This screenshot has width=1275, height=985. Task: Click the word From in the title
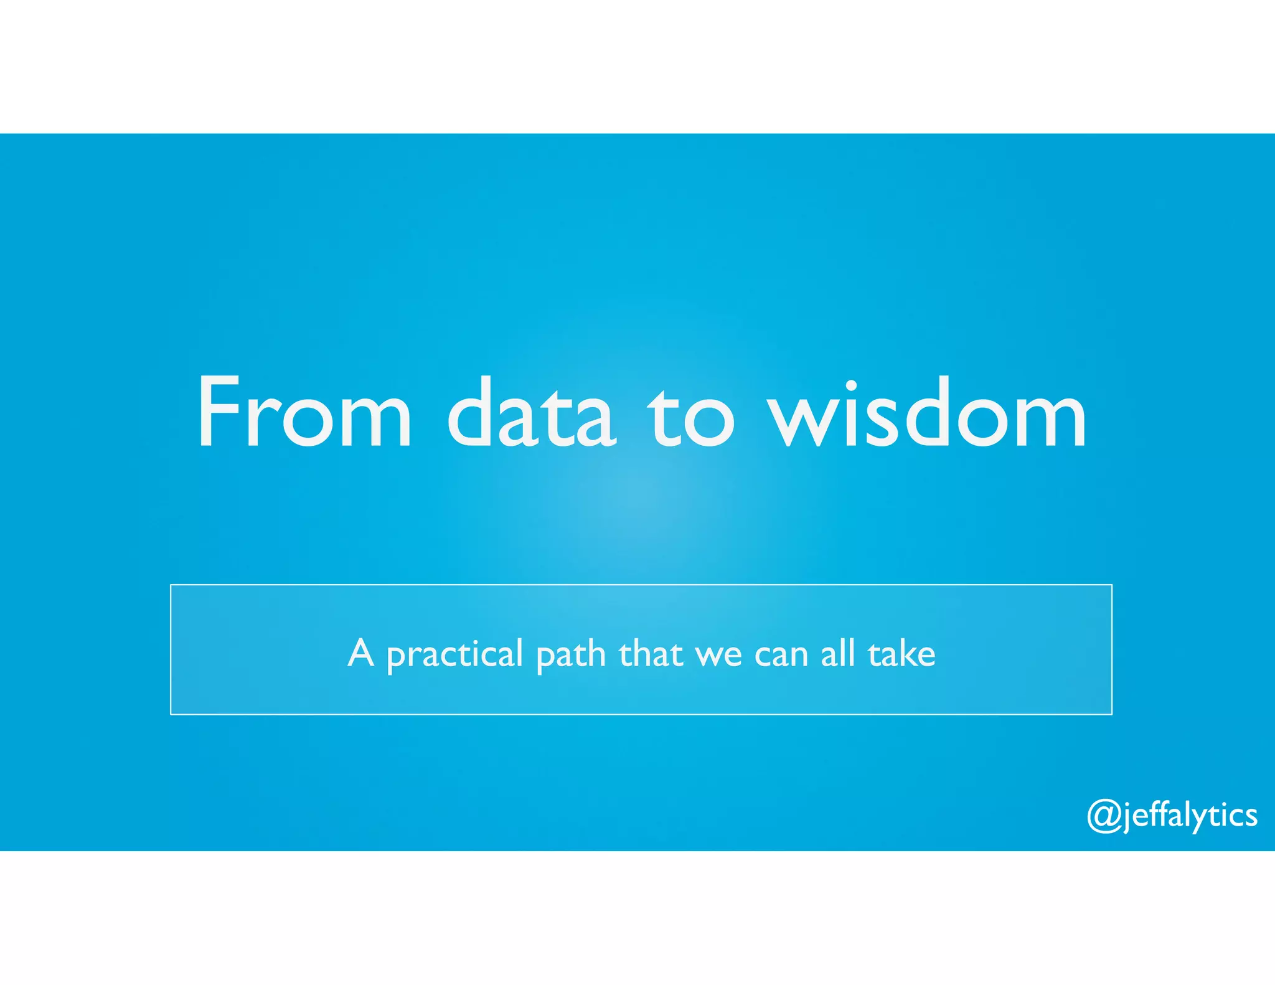[x=304, y=412]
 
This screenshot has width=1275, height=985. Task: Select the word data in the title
[x=532, y=412]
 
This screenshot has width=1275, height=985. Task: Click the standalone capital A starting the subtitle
[x=361, y=653]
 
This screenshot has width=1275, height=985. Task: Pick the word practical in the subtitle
[x=454, y=655]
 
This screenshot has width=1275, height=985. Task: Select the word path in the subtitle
[x=571, y=655]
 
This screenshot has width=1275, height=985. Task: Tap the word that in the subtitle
[x=651, y=654]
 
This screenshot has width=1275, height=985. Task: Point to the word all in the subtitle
[x=838, y=654]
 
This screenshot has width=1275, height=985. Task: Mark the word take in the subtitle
[x=902, y=654]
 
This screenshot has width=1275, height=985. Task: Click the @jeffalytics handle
[x=1172, y=815]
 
